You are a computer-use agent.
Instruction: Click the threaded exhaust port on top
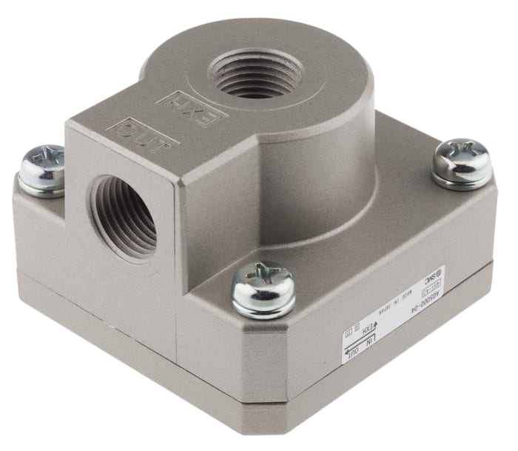click(x=255, y=74)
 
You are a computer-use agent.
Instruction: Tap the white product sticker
click(x=392, y=312)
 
